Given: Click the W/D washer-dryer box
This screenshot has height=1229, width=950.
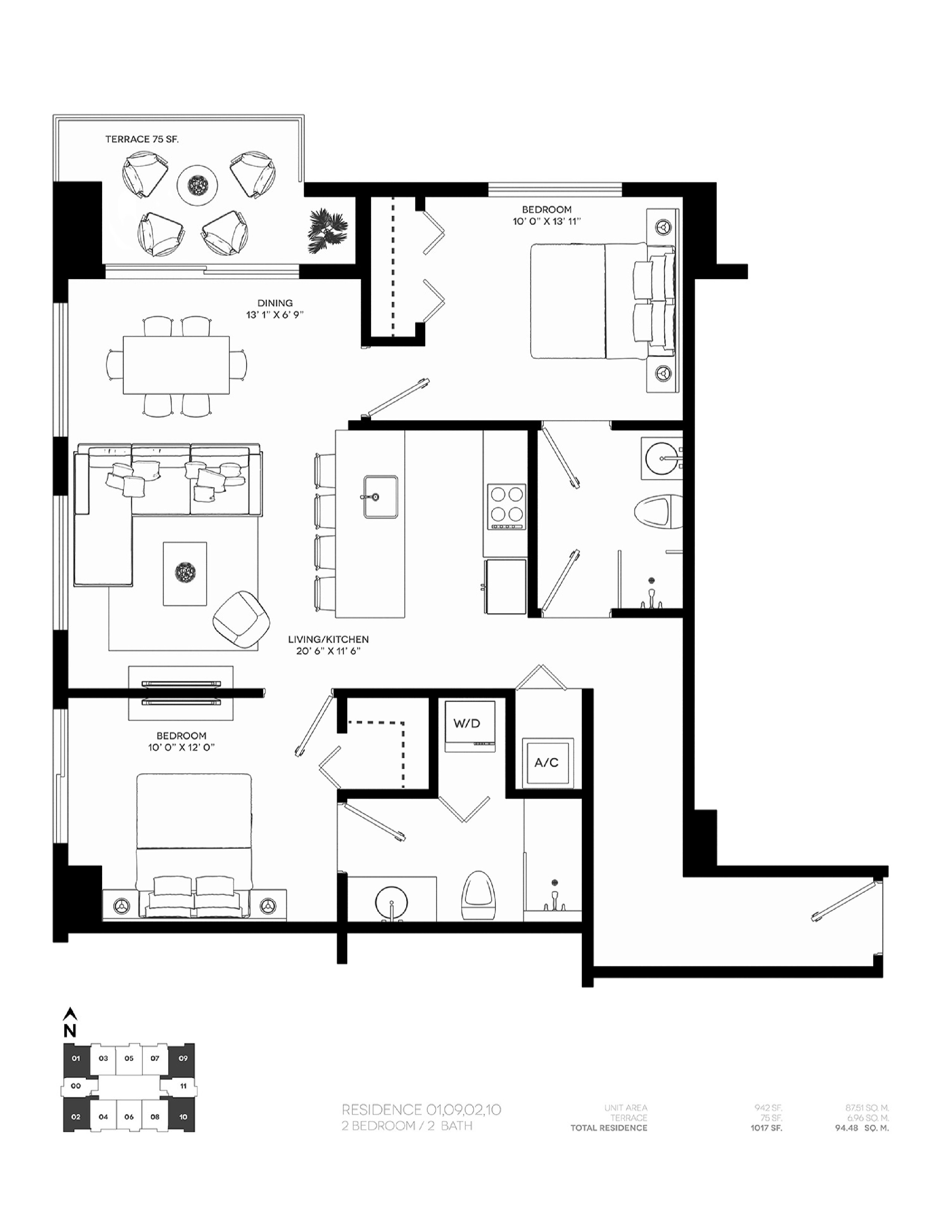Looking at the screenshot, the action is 470,725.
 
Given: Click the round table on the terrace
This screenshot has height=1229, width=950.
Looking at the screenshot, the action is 197,185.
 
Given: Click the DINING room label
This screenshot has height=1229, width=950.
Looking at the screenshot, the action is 275,303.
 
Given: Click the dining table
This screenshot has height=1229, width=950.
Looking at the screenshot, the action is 176,365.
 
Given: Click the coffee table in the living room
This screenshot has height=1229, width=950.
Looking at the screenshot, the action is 184,574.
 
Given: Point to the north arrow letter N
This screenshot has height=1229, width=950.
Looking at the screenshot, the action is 70,1030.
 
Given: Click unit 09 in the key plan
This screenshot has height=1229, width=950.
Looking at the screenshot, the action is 183,1058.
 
